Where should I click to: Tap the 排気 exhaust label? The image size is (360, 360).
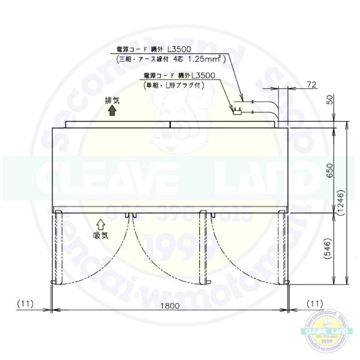point(112,101)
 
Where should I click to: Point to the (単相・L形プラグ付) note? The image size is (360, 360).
point(175,85)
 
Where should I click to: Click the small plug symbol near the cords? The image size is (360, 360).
point(238,110)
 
